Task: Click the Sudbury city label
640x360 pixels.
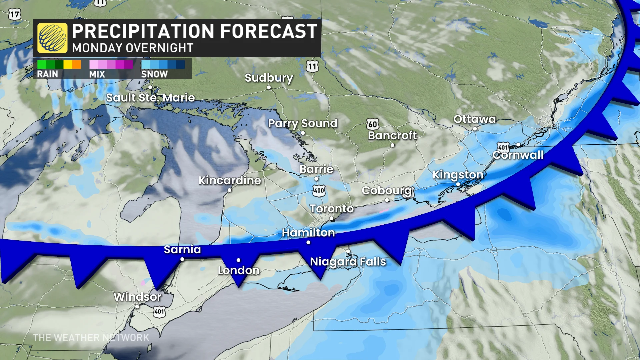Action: point(269,78)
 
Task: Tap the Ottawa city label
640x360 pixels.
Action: point(474,119)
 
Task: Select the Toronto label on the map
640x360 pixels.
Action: point(331,209)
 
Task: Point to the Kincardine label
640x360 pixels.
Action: point(230,180)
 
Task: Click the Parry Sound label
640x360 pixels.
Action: point(303,123)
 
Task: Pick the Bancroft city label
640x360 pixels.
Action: point(392,135)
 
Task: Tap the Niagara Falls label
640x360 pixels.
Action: point(348,262)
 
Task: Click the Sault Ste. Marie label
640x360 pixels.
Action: point(150,98)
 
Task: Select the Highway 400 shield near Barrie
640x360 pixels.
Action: point(319,191)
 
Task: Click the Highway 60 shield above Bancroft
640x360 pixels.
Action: point(373,124)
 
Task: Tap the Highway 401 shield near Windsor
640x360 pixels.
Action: point(159,312)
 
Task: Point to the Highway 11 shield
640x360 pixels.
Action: point(312,66)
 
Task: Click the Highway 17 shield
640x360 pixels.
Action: point(15,14)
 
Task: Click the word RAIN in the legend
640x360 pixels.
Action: point(47,74)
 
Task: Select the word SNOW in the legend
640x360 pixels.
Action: point(154,74)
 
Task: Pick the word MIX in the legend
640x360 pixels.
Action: point(97,74)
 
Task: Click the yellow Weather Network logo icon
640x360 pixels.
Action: point(52,38)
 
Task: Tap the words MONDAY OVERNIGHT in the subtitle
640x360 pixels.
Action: point(133,48)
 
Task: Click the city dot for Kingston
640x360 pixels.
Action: point(458,184)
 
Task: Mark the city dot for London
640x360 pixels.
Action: point(238,260)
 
